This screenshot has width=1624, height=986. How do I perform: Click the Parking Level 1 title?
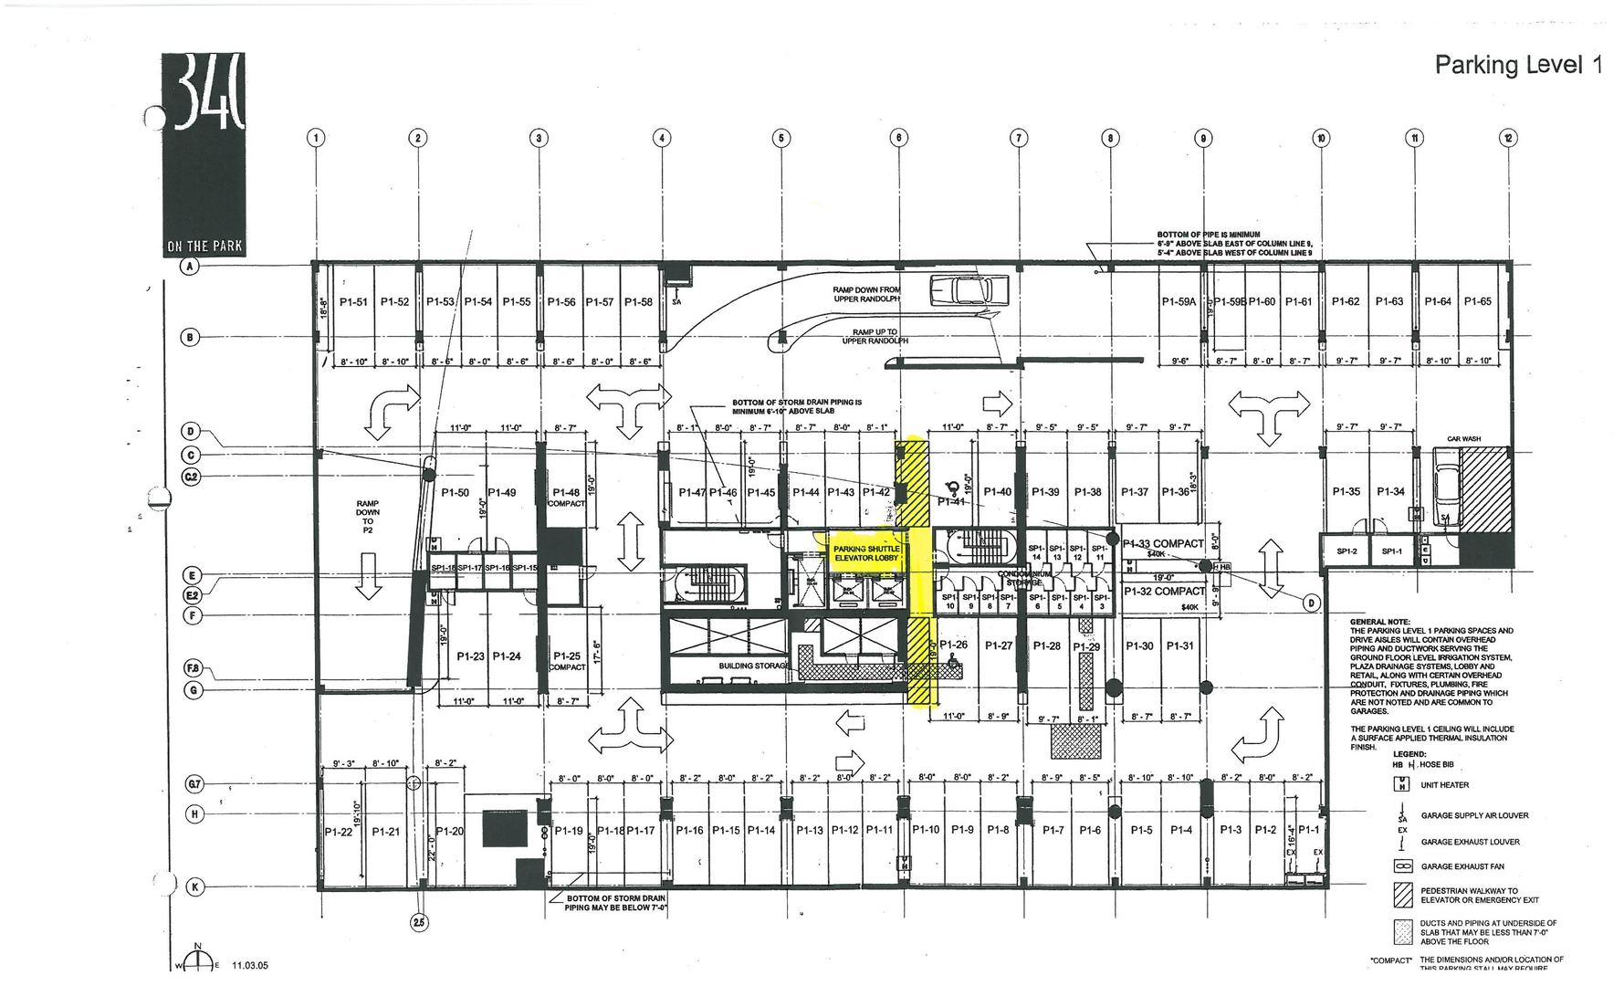[x=1518, y=65]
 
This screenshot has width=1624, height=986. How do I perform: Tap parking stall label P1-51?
[x=353, y=301]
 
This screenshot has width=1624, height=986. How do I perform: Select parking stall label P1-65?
[x=1477, y=301]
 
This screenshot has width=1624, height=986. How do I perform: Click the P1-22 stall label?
[x=339, y=832]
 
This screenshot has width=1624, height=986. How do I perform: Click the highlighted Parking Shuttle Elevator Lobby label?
[x=866, y=553]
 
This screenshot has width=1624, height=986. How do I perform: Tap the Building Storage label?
[x=753, y=666]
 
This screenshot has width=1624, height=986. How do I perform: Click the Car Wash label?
[x=1463, y=439]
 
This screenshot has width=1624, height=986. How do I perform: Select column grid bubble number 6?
[x=899, y=138]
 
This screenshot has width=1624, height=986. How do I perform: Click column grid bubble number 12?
[x=1506, y=138]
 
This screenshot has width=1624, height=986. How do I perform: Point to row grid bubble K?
[x=194, y=886]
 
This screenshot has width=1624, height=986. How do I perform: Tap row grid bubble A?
[x=191, y=267]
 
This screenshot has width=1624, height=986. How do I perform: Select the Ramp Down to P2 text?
[x=368, y=517]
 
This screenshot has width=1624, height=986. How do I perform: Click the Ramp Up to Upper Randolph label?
[x=875, y=337]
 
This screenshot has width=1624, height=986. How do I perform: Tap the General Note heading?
[x=1379, y=622]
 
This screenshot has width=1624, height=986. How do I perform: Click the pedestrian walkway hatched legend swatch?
[x=1403, y=895]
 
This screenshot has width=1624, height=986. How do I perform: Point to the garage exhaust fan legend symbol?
[x=1403, y=865]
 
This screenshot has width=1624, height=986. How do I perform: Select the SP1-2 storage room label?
[x=1346, y=551]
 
